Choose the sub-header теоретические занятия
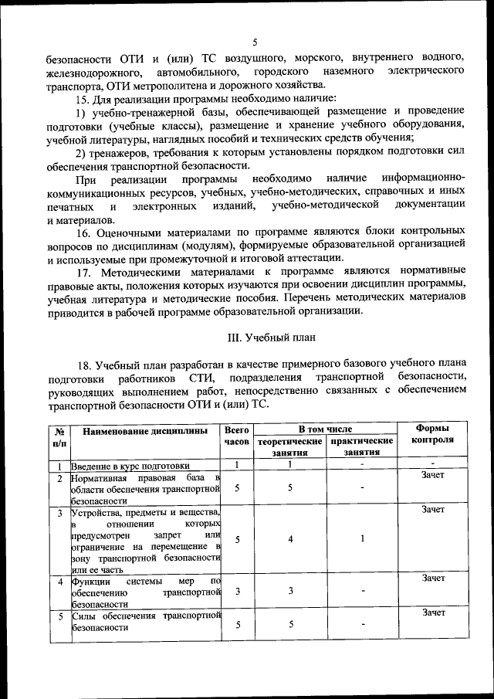tap(289, 446)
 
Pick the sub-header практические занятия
tap(362, 446)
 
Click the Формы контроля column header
tap(432, 434)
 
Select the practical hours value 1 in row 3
tap(362, 539)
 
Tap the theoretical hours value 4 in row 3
tap(290, 539)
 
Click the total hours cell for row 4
tap(238, 591)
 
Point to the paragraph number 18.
tap(85, 364)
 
